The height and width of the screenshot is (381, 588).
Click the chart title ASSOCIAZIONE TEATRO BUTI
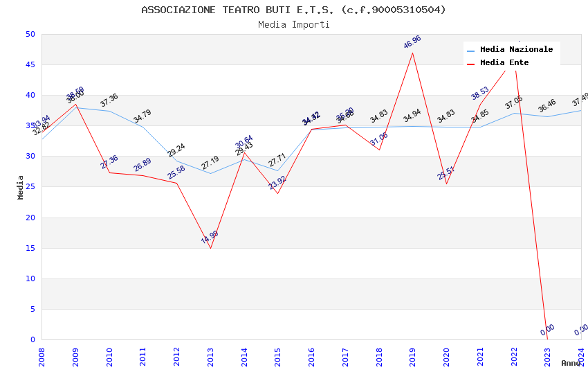(x=293, y=10)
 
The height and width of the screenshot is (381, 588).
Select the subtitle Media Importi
(x=293, y=24)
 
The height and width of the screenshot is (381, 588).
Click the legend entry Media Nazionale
(x=516, y=50)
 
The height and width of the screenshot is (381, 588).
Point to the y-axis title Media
(x=21, y=187)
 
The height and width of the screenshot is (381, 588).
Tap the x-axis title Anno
(x=571, y=363)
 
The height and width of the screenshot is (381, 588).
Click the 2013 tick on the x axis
(x=210, y=353)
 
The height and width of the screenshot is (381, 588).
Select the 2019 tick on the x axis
(x=413, y=353)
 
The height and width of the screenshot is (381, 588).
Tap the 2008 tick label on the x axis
(x=42, y=353)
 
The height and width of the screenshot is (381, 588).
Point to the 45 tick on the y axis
(x=30, y=65)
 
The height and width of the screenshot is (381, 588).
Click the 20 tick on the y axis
(x=30, y=218)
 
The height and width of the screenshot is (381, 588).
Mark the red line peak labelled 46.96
(x=412, y=43)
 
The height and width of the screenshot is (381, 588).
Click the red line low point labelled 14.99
(x=210, y=237)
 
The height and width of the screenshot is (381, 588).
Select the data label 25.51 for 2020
(x=446, y=173)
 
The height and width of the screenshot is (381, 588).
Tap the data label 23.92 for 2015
(x=277, y=183)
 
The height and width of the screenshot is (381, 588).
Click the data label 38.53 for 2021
(x=480, y=94)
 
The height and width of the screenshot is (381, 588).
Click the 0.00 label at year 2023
(x=547, y=330)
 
